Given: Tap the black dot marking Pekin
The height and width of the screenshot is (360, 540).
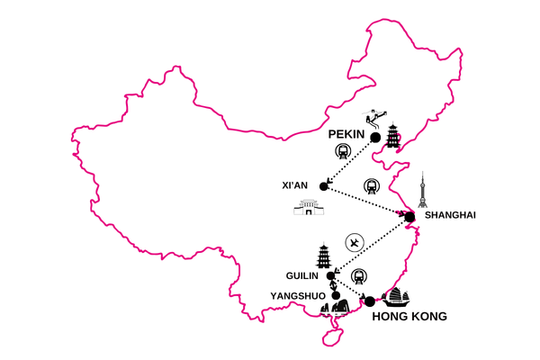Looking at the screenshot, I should click(374, 138).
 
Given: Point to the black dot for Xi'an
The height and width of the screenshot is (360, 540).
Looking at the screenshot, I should click(324, 186).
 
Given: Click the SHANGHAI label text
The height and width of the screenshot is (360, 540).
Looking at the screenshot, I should click(448, 215).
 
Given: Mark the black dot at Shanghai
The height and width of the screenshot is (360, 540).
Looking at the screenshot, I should click(409, 216).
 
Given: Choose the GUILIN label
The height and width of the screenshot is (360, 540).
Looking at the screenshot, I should click(301, 277).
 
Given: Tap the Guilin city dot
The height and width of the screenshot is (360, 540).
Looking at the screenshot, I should click(331, 275).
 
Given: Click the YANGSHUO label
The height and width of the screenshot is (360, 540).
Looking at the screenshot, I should click(298, 295).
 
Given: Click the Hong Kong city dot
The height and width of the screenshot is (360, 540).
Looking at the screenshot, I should click(369, 301).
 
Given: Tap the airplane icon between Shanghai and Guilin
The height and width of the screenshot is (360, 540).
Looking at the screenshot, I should click(355, 243).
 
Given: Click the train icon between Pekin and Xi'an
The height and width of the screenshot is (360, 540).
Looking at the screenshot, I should click(343, 152).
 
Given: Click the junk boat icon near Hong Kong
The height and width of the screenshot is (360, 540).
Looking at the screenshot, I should click(396, 296).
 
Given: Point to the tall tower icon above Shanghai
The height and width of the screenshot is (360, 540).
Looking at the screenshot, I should click(424, 190).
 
